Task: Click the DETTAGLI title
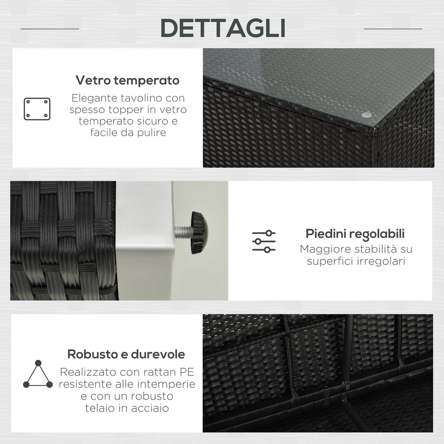pyautogui.click(x=223, y=28)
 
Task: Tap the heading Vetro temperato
pyautogui.click(x=127, y=80)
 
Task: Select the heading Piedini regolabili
pyautogui.click(x=355, y=233)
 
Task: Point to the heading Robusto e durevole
pyautogui.click(x=126, y=354)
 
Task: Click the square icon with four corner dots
pyautogui.click(x=37, y=109)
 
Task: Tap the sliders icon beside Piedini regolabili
pyautogui.click(x=264, y=241)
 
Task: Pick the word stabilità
pyautogui.click(x=373, y=249)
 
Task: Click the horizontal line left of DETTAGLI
pyautogui.click(x=50, y=29)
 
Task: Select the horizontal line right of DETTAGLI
pyautogui.click(x=393, y=29)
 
